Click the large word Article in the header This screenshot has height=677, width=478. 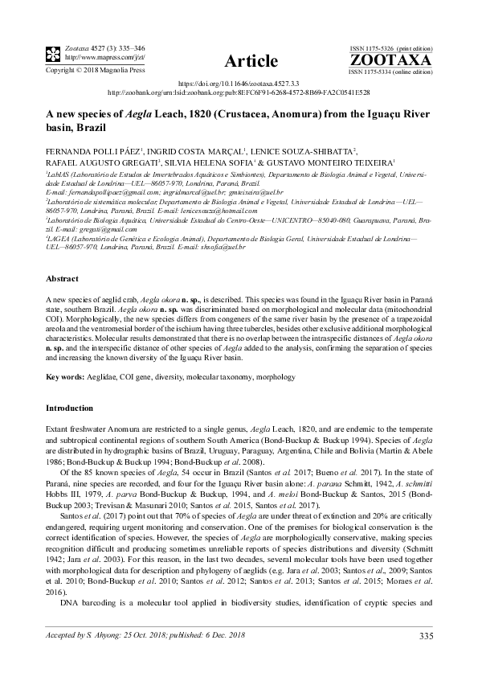pyautogui.click(x=251, y=61)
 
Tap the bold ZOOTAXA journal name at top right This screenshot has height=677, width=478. pyautogui.click(x=390, y=60)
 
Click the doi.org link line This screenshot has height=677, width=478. pyautogui.click(x=239, y=83)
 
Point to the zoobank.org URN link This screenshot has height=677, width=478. pyautogui.click(x=239, y=92)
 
